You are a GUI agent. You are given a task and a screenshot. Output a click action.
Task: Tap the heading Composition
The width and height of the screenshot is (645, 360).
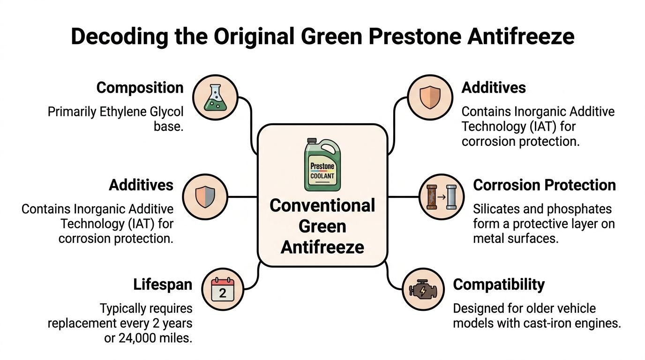tap(140, 87)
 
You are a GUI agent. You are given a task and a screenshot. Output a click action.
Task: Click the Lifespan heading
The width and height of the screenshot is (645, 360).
tap(163, 284)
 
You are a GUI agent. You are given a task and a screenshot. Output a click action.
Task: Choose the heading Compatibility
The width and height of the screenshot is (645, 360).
tap(499, 285)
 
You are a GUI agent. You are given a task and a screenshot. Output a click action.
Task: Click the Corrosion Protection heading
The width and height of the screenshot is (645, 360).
tap(544, 185)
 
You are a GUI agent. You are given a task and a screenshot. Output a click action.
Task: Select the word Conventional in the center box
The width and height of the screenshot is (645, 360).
tap(322, 205)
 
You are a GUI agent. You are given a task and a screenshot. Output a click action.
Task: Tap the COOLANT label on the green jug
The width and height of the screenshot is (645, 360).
tap(322, 176)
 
